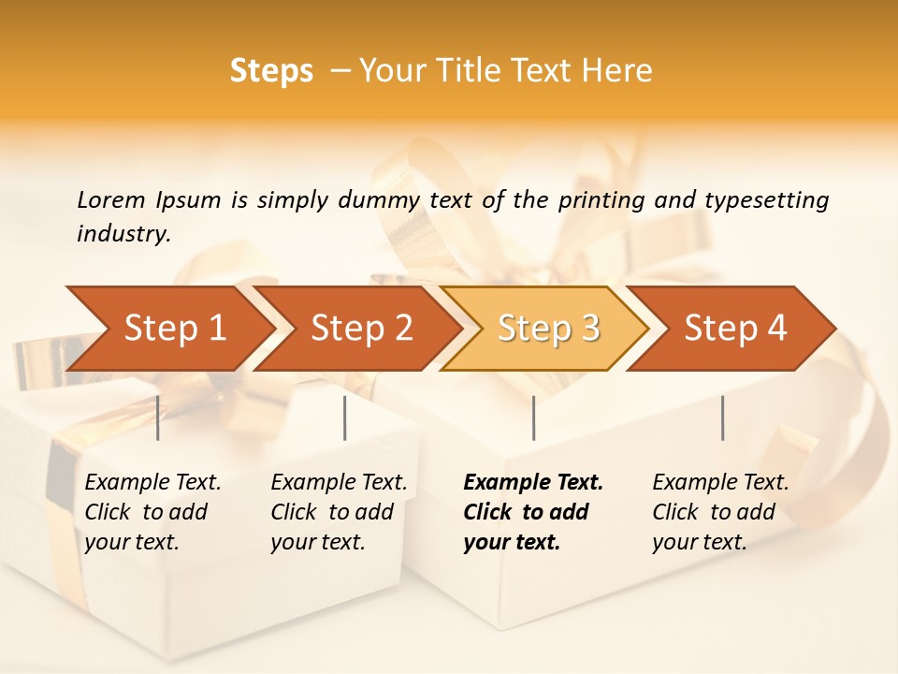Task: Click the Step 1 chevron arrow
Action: pos(168,329)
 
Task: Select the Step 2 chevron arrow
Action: pos(355,329)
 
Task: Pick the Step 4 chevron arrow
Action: pos(731,329)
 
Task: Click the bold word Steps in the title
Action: pos(271,71)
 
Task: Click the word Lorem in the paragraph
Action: pos(110,199)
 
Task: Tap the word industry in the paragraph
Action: pos(123,234)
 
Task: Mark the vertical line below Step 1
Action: pos(158,418)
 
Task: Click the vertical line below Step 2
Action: pos(345,418)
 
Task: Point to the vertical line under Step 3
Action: pos(534,418)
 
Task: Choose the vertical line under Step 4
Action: pos(723,418)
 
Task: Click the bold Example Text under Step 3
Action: pos(533,483)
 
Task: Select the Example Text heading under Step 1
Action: pos(152,483)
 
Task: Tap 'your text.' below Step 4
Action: pos(699,542)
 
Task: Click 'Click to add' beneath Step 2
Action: pos(331,512)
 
